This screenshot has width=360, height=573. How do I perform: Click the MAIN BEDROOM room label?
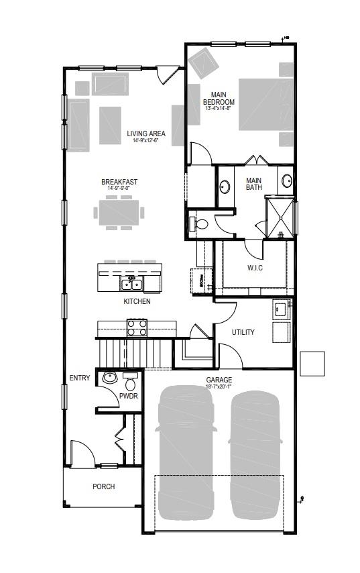[220, 98]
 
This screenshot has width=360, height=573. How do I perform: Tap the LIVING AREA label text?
[146, 134]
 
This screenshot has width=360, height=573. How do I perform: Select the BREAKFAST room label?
[119, 182]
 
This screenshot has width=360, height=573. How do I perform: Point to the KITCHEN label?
[137, 302]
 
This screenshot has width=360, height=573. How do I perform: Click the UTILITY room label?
[243, 332]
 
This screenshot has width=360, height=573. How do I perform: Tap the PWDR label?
[128, 396]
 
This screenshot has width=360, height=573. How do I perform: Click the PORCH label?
[103, 486]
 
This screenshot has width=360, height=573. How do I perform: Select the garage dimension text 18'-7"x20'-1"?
[219, 386]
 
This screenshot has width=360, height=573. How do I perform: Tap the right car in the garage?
[255, 456]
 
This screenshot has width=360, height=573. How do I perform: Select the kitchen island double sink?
[130, 283]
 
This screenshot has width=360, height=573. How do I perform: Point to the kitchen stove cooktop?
[137, 327]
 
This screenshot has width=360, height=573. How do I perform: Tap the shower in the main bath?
[280, 216]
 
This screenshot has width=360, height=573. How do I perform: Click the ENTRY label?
[80, 378]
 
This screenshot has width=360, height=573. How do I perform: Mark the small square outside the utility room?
[312, 364]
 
